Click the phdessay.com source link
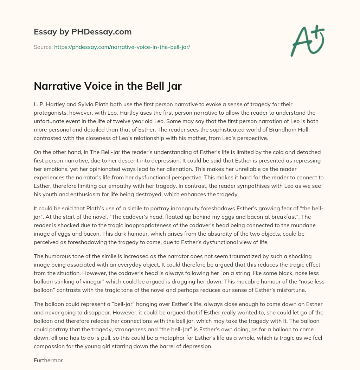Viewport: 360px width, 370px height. click(122, 46)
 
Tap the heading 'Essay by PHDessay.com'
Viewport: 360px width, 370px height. click(83, 32)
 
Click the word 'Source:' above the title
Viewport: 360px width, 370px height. click(43, 46)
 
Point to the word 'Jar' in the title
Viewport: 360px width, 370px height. click(173, 86)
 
